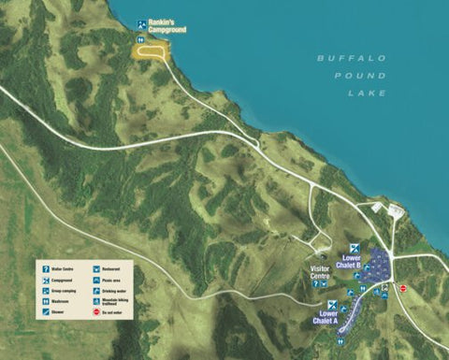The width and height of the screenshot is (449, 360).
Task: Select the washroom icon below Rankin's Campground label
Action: point(141,40)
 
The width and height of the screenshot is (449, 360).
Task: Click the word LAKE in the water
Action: point(367,94)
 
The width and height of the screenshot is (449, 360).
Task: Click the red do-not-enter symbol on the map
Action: point(403,289)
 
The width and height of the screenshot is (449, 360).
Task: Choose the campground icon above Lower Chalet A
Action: point(332,304)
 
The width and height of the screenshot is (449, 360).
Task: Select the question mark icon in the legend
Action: point(46,268)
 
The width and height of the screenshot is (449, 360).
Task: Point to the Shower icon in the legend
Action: point(46,312)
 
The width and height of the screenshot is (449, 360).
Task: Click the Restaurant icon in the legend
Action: point(97,268)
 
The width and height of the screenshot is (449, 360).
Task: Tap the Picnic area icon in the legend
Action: point(97,279)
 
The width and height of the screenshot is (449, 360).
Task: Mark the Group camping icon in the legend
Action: point(46,290)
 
